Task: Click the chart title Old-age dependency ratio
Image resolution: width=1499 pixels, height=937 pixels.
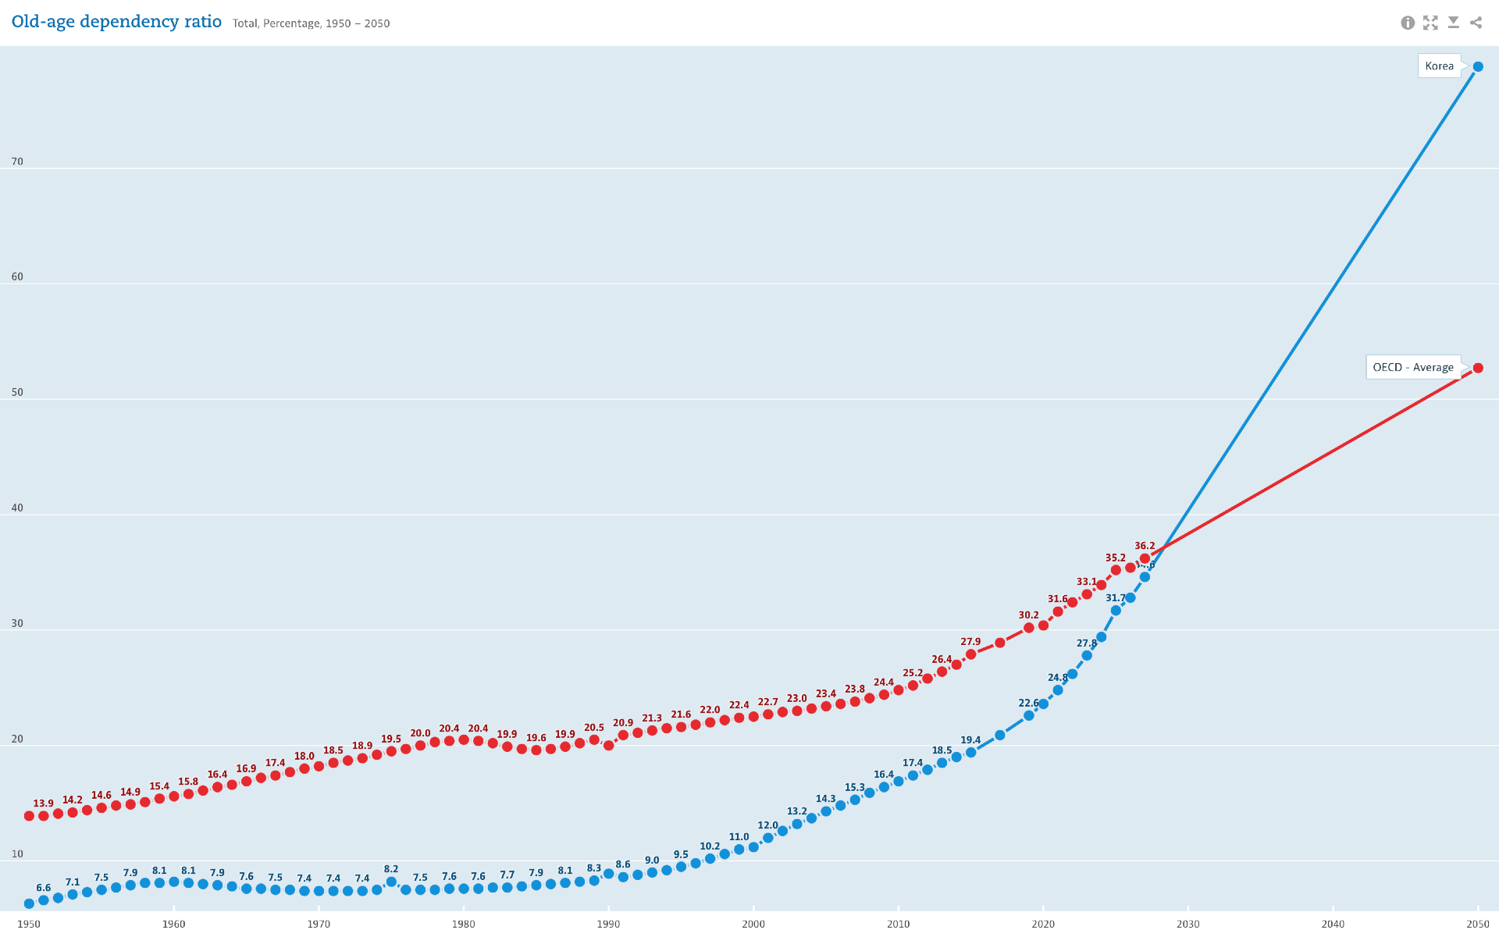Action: tap(116, 22)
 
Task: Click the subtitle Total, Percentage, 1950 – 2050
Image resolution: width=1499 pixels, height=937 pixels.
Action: tap(311, 23)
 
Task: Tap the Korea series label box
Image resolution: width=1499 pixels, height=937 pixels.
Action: tap(1439, 66)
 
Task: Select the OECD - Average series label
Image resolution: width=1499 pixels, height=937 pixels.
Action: tap(1412, 367)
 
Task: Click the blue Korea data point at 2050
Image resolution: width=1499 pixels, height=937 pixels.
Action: tap(1478, 67)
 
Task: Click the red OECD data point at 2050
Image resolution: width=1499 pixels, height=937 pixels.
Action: tap(1478, 368)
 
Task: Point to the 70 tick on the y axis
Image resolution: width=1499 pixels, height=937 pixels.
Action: tap(17, 162)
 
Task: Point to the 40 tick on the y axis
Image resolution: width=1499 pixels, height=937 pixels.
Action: tap(17, 508)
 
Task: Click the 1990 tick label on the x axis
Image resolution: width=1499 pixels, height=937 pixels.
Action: tap(608, 924)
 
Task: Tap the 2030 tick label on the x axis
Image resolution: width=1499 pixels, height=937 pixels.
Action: tap(1188, 924)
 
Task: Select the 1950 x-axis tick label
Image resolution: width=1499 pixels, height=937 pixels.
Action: tap(29, 924)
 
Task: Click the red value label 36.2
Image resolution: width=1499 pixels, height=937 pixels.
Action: tap(1145, 546)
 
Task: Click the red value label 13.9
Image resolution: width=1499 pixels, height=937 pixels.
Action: tap(44, 803)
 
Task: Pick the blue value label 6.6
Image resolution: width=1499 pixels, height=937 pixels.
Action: tap(44, 888)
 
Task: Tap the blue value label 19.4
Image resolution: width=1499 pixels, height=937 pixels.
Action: tap(970, 739)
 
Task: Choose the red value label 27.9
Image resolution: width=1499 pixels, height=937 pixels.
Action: tap(970, 642)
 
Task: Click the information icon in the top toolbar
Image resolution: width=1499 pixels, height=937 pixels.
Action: tap(1408, 23)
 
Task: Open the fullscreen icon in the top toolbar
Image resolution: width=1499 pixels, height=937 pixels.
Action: tap(1430, 23)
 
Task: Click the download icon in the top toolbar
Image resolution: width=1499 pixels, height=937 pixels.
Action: tap(1453, 23)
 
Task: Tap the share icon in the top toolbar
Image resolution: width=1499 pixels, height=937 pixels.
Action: tap(1476, 23)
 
